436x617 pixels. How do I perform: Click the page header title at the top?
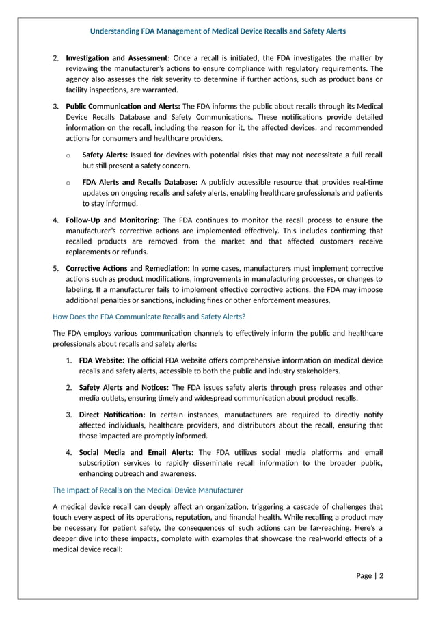coord(218,31)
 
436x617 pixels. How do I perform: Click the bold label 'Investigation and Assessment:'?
coord(118,57)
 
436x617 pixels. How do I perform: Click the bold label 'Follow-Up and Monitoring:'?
coord(112,220)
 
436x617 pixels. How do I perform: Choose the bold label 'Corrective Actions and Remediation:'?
coord(127,268)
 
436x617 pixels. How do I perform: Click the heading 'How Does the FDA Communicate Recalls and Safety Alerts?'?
coord(149,316)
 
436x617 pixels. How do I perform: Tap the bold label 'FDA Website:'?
coord(102,360)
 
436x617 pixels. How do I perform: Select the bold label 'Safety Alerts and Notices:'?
coord(124,387)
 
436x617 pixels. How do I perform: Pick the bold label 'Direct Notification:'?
coord(112,415)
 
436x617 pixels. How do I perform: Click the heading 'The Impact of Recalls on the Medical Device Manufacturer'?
coord(148,490)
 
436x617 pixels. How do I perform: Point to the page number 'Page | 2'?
coord(370,575)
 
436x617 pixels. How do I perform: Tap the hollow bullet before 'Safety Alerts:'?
coord(68,156)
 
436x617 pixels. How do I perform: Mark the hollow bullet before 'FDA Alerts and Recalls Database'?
coord(68,183)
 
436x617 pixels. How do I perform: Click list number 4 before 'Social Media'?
coord(69,452)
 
